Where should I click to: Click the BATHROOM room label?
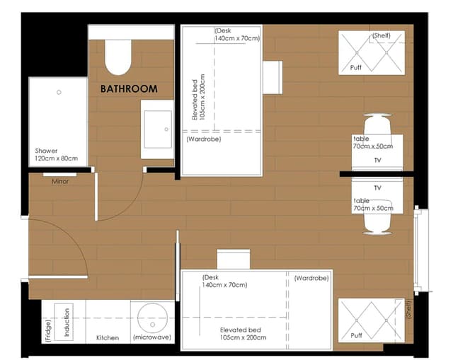point(129,88)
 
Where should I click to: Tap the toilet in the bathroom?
point(118,57)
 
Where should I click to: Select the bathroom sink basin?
point(158,129)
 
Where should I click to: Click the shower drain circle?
point(59,93)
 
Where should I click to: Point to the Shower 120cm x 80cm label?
point(57,154)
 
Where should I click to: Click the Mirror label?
point(60,182)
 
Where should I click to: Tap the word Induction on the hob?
point(67,323)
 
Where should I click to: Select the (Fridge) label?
point(48,331)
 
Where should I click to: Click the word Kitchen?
point(108,338)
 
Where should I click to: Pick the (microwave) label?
point(152,337)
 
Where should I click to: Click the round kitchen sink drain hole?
point(153,325)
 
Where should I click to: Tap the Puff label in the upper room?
point(355,68)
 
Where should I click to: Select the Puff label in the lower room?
point(356,335)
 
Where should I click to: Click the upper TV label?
point(377,161)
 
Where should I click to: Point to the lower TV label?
point(377,188)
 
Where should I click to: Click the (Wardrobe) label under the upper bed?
point(204,139)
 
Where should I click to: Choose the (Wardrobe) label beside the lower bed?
point(311,278)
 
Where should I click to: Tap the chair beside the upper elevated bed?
point(273,77)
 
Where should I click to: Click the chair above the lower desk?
point(234,260)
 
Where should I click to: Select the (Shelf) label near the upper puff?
point(381,35)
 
